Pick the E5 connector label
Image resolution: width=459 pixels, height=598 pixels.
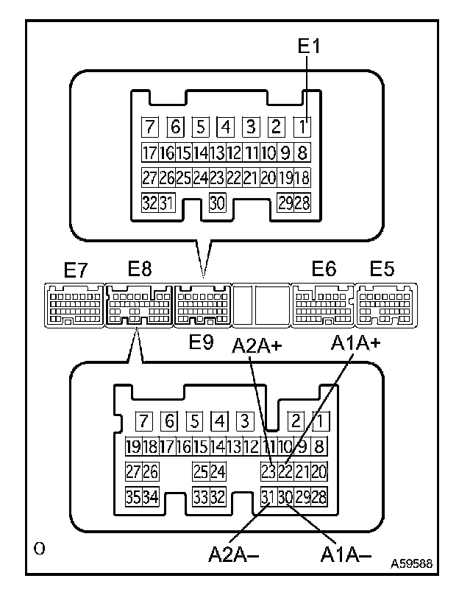[382, 270]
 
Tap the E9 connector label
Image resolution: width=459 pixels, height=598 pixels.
[201, 342]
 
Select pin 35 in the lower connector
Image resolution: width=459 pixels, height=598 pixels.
[133, 497]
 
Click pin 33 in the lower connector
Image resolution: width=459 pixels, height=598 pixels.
[200, 497]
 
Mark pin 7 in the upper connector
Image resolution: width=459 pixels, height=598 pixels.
[151, 127]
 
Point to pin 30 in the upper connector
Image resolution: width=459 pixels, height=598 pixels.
[217, 204]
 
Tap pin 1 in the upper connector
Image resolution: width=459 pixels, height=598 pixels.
[301, 127]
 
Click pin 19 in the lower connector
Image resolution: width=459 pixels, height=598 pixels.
[133, 446]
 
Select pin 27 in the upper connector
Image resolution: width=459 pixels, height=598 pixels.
[150, 178]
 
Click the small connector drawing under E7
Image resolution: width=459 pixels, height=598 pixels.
[74, 303]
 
